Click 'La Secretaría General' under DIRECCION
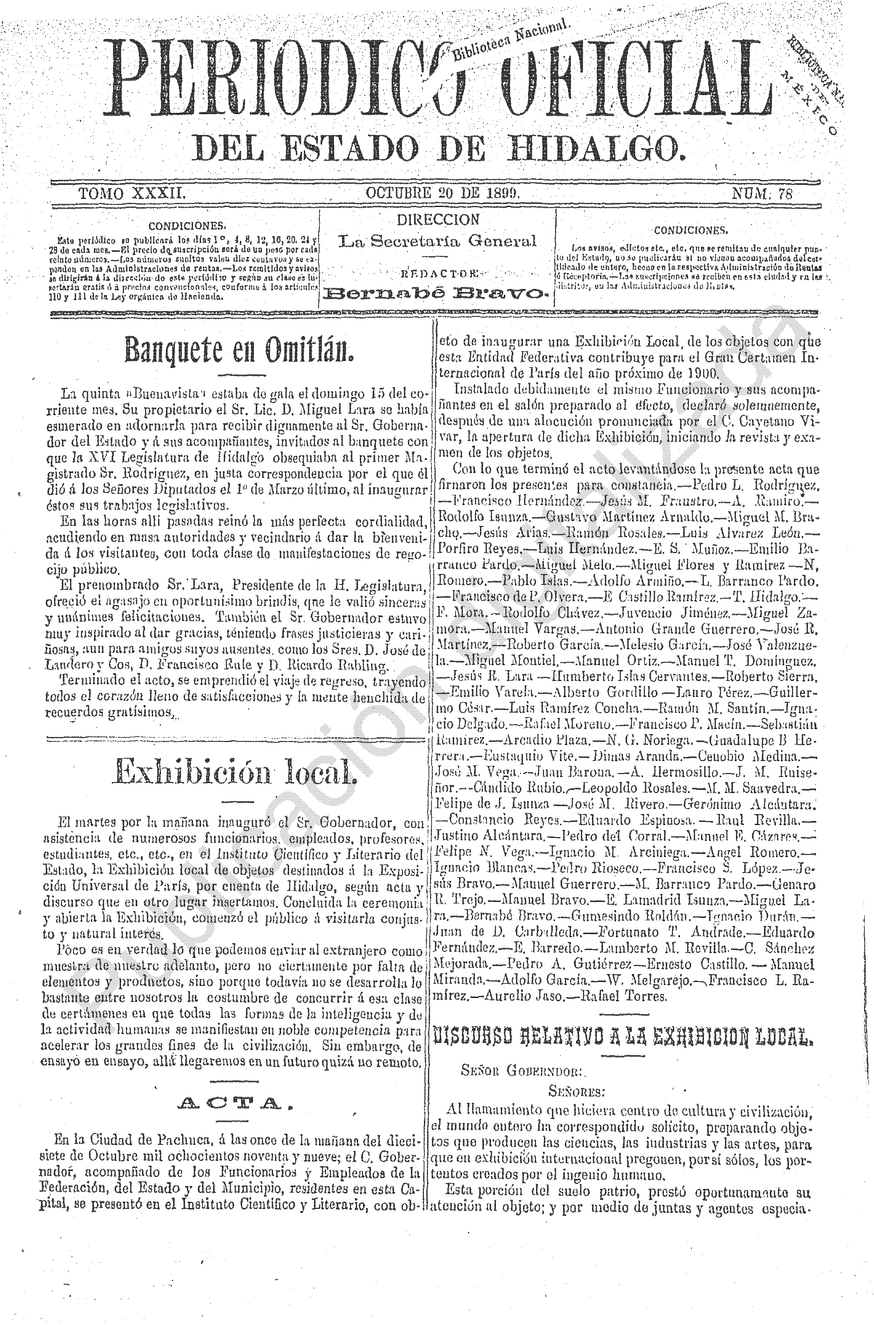tap(438, 241)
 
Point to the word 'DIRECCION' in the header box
tap(438, 219)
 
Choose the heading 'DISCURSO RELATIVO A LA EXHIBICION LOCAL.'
tap(621, 1036)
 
